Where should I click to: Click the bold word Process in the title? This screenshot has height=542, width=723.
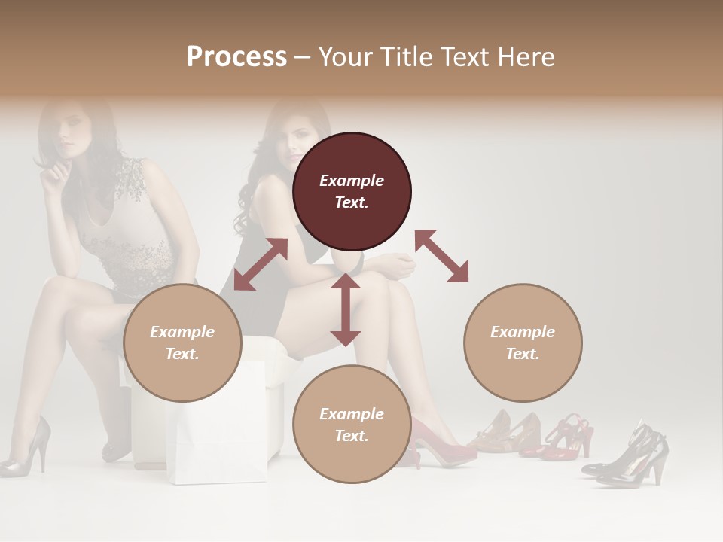(236, 57)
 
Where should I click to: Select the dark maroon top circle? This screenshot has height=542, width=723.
(352, 191)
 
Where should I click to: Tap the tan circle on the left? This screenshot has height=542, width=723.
(182, 343)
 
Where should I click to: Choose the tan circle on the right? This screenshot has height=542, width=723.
(523, 343)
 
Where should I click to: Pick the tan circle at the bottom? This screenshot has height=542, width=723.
(352, 425)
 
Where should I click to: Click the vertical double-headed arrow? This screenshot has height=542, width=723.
(346, 309)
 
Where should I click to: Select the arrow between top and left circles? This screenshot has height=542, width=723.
(261, 264)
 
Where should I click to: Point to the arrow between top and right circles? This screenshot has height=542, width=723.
(441, 256)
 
